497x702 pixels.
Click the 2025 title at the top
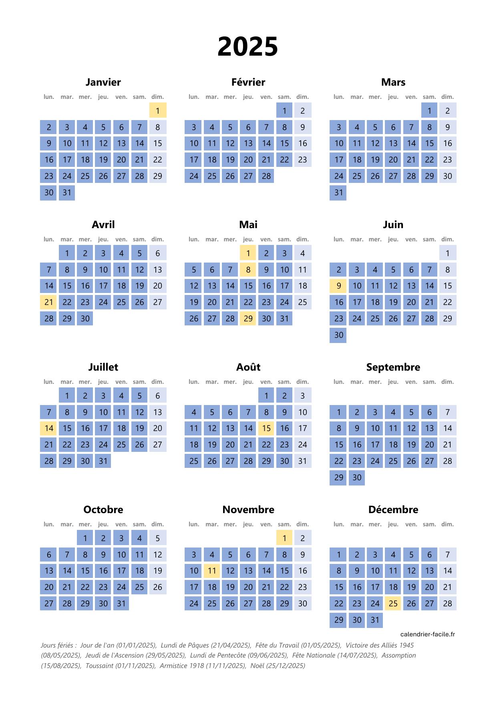tap(247, 47)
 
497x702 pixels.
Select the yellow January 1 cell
tap(158, 110)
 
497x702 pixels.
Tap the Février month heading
tap(248, 82)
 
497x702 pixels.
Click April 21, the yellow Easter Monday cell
tap(49, 302)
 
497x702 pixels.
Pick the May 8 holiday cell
tap(248, 270)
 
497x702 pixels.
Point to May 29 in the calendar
tap(248, 319)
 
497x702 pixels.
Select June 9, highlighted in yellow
tap(339, 286)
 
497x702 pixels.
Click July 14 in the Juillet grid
tap(49, 428)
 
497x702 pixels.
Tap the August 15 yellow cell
tap(266, 428)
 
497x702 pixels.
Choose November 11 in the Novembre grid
tap(212, 571)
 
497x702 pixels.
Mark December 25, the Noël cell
tap(393, 603)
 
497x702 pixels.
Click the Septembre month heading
tap(393, 367)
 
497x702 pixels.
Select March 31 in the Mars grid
tap(339, 193)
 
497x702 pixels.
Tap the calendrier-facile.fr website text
tap(427, 634)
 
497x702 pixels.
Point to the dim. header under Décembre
tap(447, 524)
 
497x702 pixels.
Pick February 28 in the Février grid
tap(266, 176)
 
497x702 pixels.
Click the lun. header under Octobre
tap(49, 524)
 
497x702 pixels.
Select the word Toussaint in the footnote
tap(100, 666)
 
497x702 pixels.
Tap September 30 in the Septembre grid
tap(357, 477)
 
